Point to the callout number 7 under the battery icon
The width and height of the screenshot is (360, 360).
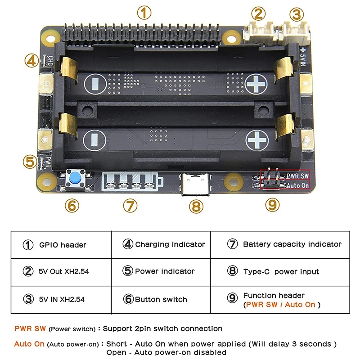coord(130,206)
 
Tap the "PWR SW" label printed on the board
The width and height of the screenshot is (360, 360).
coord(298,175)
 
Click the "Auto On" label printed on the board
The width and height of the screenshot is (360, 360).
coord(298,185)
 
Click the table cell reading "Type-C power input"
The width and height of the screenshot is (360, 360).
coord(281,271)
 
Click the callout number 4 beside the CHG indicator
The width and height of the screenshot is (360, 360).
coord(31,61)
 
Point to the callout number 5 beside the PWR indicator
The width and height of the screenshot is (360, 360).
coord(30,161)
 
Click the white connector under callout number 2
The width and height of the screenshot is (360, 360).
coord(258,31)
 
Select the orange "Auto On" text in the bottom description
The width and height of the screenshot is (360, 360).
coord(29,344)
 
